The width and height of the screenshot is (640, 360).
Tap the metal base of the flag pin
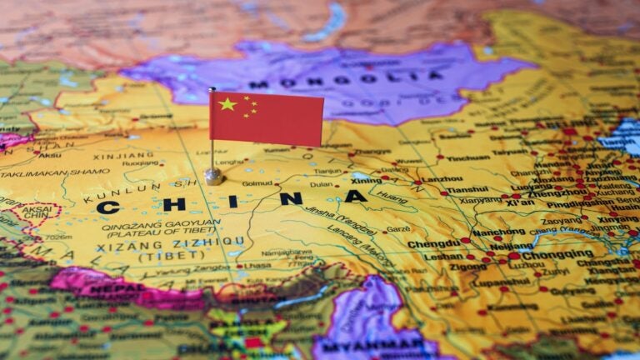tap(214, 177)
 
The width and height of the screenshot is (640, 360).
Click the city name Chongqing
tap(557, 255)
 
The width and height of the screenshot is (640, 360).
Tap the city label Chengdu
tap(433, 244)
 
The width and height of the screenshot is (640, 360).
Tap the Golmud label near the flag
tap(256, 183)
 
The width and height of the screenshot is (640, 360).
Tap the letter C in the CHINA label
tap(107, 207)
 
